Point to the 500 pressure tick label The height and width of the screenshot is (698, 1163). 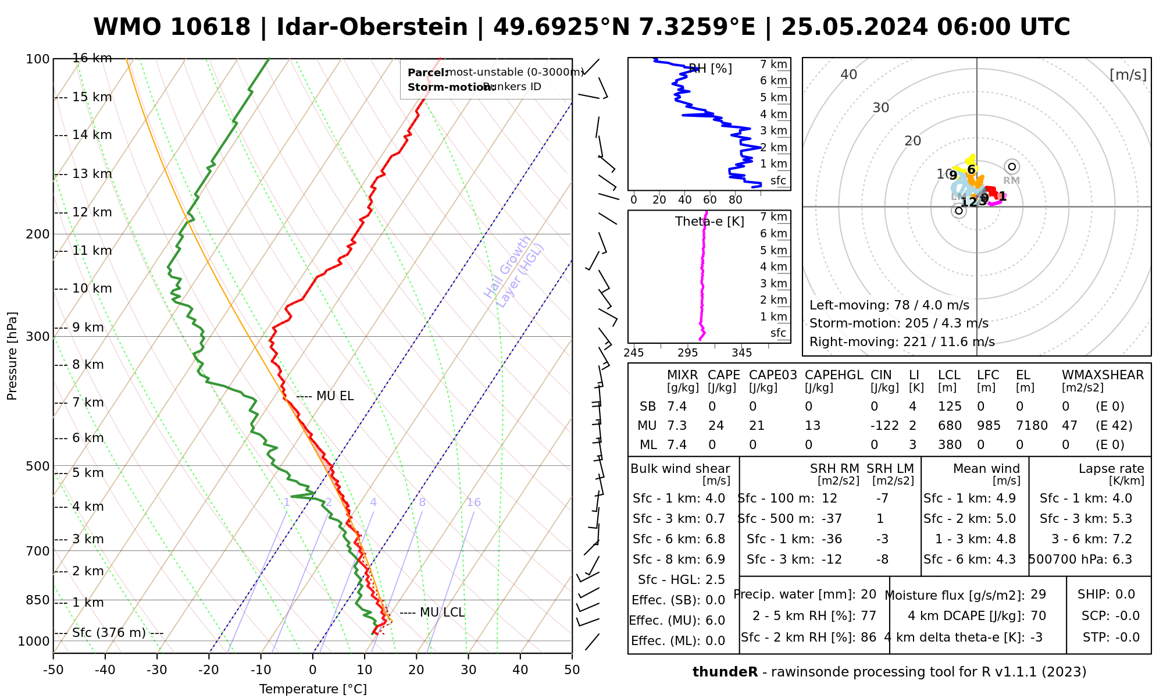click(x=39, y=466)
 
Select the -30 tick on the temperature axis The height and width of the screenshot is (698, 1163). click(x=157, y=670)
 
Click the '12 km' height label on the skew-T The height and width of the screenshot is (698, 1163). click(x=91, y=212)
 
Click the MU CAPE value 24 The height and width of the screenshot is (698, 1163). click(x=716, y=426)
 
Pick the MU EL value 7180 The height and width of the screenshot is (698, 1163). click(x=1032, y=426)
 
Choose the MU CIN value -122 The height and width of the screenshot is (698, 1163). click(x=884, y=426)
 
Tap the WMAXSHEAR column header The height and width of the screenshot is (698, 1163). click(x=1103, y=375)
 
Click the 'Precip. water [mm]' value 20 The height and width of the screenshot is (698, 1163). click(x=868, y=594)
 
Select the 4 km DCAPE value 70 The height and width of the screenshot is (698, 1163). click(x=1038, y=616)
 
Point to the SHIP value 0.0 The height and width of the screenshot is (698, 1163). click(x=1125, y=594)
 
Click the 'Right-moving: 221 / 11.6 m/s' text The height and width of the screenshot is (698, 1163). click(x=902, y=342)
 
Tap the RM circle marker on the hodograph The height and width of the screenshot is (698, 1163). click(x=1012, y=167)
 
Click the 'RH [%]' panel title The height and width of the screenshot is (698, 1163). click(x=710, y=69)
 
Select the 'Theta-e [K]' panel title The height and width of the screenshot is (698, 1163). click(x=709, y=222)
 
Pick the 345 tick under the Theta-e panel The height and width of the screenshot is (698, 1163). click(x=741, y=353)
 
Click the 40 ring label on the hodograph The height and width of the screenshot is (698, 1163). click(x=849, y=74)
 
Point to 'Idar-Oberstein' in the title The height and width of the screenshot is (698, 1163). click(x=372, y=27)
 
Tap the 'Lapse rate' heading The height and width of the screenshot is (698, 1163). click(x=1111, y=469)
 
